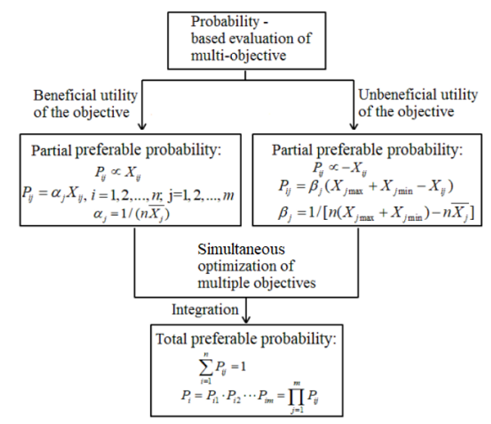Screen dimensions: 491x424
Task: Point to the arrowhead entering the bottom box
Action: (242, 320)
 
